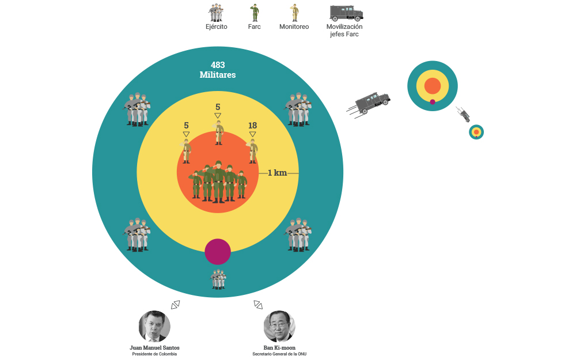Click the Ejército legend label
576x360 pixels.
point(217,26)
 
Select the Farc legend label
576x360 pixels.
point(254,26)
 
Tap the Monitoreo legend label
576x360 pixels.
point(294,26)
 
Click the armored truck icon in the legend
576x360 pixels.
point(346,12)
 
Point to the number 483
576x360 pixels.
point(218,65)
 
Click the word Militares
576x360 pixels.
point(218,75)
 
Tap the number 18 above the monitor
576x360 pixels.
point(252,126)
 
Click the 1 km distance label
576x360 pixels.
point(277,173)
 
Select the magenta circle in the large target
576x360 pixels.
point(218,252)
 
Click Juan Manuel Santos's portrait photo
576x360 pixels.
point(154,327)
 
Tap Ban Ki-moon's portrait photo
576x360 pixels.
point(279,327)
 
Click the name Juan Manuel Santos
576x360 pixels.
point(154,348)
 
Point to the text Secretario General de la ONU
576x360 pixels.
point(279,354)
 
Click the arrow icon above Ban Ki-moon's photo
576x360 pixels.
point(258,304)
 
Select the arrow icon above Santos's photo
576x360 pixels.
point(176,304)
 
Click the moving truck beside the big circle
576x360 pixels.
point(372,103)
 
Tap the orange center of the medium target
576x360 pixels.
point(433,86)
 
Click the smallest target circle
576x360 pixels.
point(476,132)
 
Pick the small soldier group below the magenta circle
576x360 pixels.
point(218,279)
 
